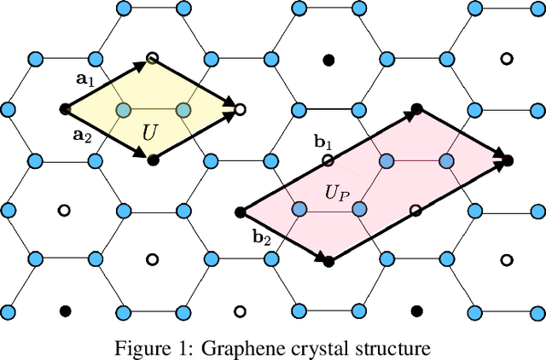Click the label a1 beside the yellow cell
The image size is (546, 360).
coord(85,78)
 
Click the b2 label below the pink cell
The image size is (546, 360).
coord(261,238)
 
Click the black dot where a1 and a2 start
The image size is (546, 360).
coord(65,109)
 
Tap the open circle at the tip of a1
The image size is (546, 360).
coord(152,59)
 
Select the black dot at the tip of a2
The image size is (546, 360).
coord(152,160)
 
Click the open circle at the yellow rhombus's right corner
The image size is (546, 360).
coord(240,109)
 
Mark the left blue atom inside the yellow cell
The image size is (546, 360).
coord(123,109)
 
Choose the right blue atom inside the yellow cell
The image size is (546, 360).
coord(182,109)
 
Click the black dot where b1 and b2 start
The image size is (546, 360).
coord(240,210)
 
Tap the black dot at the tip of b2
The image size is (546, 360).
coord(328,260)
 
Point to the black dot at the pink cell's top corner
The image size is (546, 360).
coord(416,109)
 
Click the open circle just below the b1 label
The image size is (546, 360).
coord(328,160)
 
